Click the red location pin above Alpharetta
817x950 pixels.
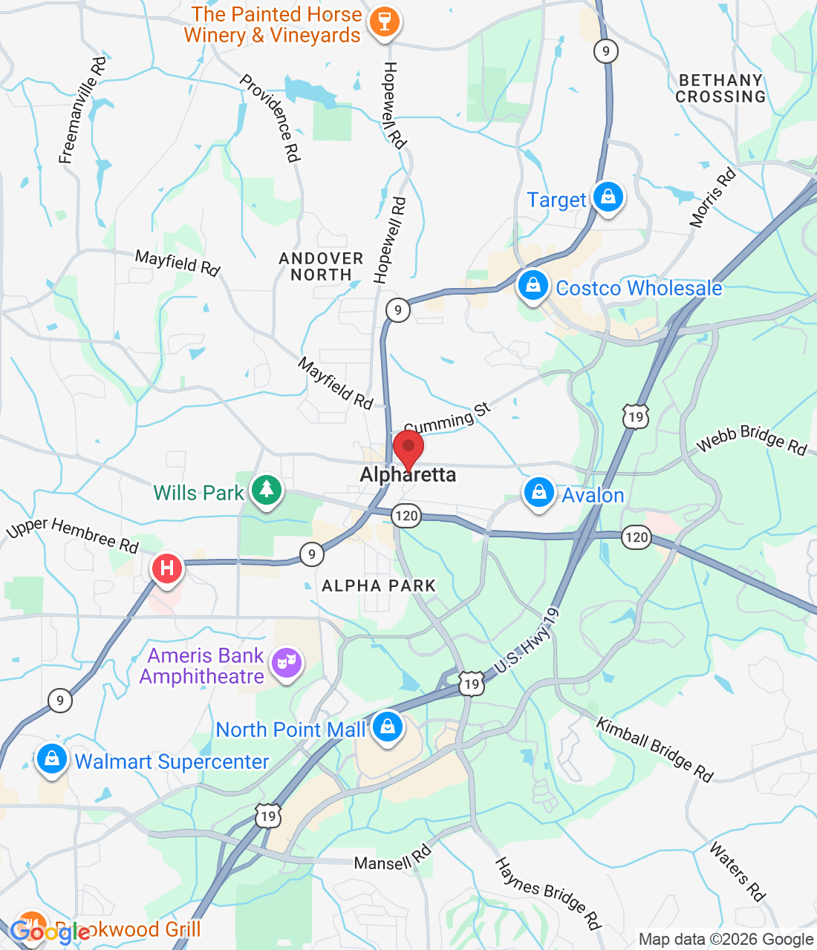pyautogui.click(x=408, y=448)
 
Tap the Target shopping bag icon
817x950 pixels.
pyautogui.click(x=608, y=197)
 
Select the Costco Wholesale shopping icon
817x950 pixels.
pyautogui.click(x=533, y=285)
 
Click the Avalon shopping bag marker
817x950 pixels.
pyautogui.click(x=539, y=493)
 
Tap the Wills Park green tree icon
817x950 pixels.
pyautogui.click(x=266, y=490)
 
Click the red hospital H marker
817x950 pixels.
pyautogui.click(x=167, y=569)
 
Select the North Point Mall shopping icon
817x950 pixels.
pyautogui.click(x=387, y=727)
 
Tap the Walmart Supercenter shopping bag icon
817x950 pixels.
pyautogui.click(x=51, y=759)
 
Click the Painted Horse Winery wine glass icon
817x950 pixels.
pyautogui.click(x=384, y=22)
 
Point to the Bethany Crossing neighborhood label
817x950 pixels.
pyautogui.click(x=720, y=88)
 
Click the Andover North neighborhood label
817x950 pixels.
pyautogui.click(x=321, y=266)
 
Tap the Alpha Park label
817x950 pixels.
pyautogui.click(x=379, y=586)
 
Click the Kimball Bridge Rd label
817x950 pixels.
pyautogui.click(x=654, y=749)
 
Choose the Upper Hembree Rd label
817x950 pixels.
pyautogui.click(x=73, y=534)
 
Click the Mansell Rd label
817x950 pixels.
pyautogui.click(x=392, y=859)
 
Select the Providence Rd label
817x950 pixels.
pyautogui.click(x=270, y=117)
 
